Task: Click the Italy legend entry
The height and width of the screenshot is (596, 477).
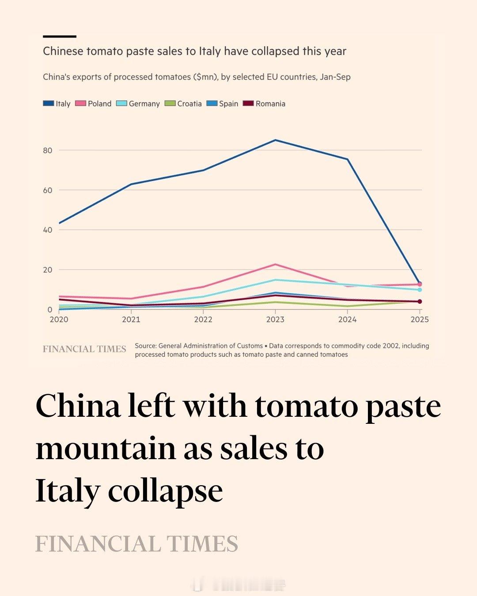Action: (x=57, y=104)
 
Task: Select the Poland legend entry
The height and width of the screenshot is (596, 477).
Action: (x=94, y=104)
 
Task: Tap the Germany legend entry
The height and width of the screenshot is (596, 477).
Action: (x=138, y=104)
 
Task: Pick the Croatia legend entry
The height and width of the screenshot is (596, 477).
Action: (x=183, y=104)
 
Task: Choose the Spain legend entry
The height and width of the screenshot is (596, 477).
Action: (x=223, y=104)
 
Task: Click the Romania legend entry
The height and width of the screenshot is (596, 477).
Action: (x=265, y=104)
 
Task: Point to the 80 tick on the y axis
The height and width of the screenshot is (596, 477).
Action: (x=48, y=151)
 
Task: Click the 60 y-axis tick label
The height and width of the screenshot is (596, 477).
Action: (x=48, y=190)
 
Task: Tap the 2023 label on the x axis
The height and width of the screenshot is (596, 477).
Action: (x=275, y=320)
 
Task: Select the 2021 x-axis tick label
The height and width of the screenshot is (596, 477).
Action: (x=131, y=320)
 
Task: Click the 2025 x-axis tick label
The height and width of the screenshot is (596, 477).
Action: (x=419, y=320)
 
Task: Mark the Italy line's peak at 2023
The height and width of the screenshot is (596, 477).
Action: (x=275, y=140)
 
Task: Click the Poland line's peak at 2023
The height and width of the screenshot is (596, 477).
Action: (x=275, y=264)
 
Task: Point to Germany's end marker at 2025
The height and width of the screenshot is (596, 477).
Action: (x=420, y=290)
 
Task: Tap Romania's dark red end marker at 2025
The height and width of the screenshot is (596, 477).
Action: (x=420, y=302)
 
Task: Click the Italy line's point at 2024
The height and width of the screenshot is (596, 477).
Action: (x=348, y=159)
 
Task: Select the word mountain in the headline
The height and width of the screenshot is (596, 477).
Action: (x=106, y=449)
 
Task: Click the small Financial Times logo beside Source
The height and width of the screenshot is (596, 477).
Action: (x=84, y=349)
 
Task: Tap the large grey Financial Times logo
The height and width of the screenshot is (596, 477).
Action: (x=136, y=544)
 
